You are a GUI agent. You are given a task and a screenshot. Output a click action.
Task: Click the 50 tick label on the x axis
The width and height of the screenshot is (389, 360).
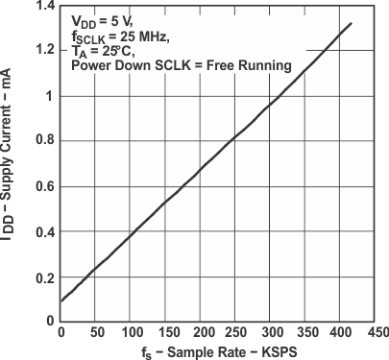pyautogui.click(x=96, y=333)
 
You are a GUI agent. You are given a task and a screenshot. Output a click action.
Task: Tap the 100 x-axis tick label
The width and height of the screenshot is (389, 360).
pyautogui.click(x=134, y=333)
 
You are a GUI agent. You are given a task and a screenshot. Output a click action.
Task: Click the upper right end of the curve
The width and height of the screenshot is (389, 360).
pyautogui.click(x=351, y=23)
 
